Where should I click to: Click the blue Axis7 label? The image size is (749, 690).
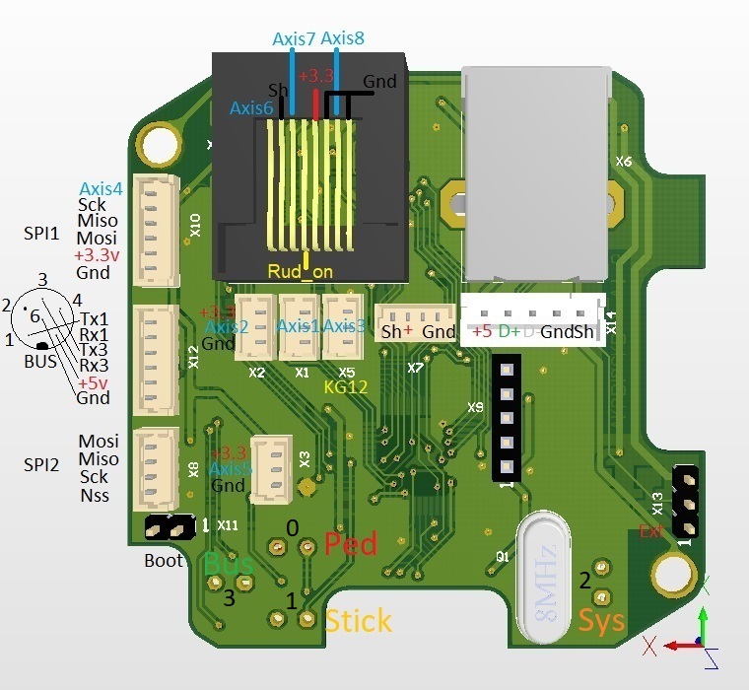294,39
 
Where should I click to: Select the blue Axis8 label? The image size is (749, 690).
343,39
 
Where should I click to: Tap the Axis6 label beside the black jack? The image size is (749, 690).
251,108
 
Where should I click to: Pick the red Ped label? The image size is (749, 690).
351,543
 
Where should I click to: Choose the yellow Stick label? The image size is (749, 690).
358,620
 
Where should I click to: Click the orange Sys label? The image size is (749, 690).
600,620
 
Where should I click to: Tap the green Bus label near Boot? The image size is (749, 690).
228,565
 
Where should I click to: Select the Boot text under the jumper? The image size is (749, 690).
164,560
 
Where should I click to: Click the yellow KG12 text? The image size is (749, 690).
345,387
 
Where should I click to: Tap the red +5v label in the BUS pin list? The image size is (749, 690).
94,382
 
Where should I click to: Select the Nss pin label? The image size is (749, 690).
95,496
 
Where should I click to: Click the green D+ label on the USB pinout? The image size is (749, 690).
509,332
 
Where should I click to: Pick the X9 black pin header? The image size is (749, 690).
506,418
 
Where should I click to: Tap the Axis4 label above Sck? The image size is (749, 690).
101,188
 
